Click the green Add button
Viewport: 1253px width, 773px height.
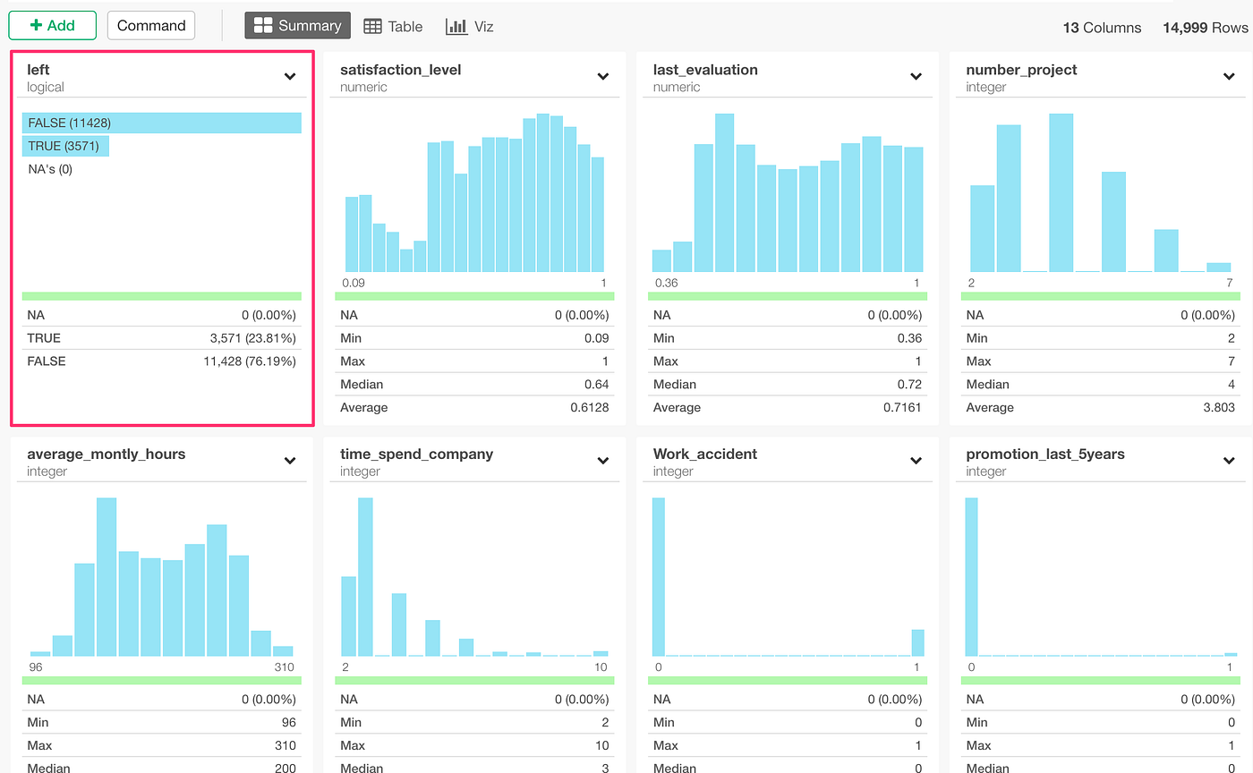pyautogui.click(x=52, y=25)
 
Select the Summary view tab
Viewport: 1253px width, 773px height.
pyautogui.click(x=297, y=26)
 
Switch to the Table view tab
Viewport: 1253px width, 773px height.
pyautogui.click(x=393, y=27)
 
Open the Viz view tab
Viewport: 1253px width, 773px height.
pyautogui.click(x=470, y=27)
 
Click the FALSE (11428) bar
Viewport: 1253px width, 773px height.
pyautogui.click(x=161, y=123)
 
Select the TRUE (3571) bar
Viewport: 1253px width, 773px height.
pyautogui.click(x=65, y=146)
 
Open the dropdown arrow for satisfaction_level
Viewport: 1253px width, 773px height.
pyautogui.click(x=603, y=77)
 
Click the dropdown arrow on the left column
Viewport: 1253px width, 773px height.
pyautogui.click(x=290, y=77)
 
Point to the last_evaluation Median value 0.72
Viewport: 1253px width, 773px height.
pyautogui.click(x=908, y=385)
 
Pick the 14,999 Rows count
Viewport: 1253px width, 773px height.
pyautogui.click(x=1205, y=28)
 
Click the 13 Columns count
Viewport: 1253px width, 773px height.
pyautogui.click(x=1102, y=28)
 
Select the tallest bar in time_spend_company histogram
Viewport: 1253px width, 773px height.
pyautogui.click(x=365, y=577)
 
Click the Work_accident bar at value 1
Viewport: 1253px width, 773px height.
pyautogui.click(x=917, y=642)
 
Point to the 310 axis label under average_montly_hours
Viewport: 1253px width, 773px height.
pyautogui.click(x=283, y=667)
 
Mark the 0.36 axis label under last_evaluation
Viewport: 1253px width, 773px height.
pyautogui.click(x=667, y=283)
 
